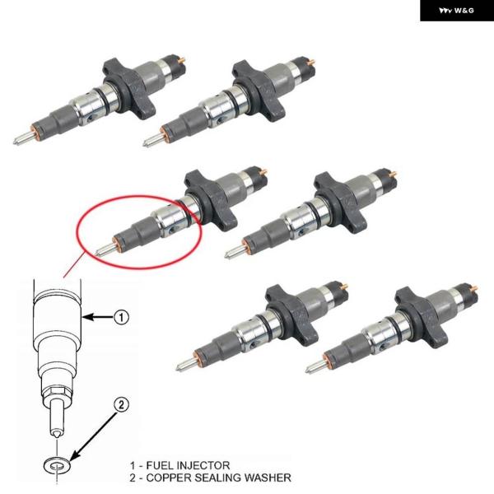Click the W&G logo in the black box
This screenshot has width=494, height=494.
pyautogui.click(x=456, y=11)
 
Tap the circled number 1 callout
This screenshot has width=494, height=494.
pyautogui.click(x=121, y=317)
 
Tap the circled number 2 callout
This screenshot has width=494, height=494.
pyautogui.click(x=121, y=404)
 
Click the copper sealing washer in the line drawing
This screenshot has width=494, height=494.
pyautogui.click(x=57, y=465)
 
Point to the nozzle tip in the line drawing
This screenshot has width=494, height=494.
pyautogui.click(x=57, y=434)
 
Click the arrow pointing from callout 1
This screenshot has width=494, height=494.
pyautogui.click(x=98, y=317)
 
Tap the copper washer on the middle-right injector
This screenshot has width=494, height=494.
pyautogui.click(x=245, y=247)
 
